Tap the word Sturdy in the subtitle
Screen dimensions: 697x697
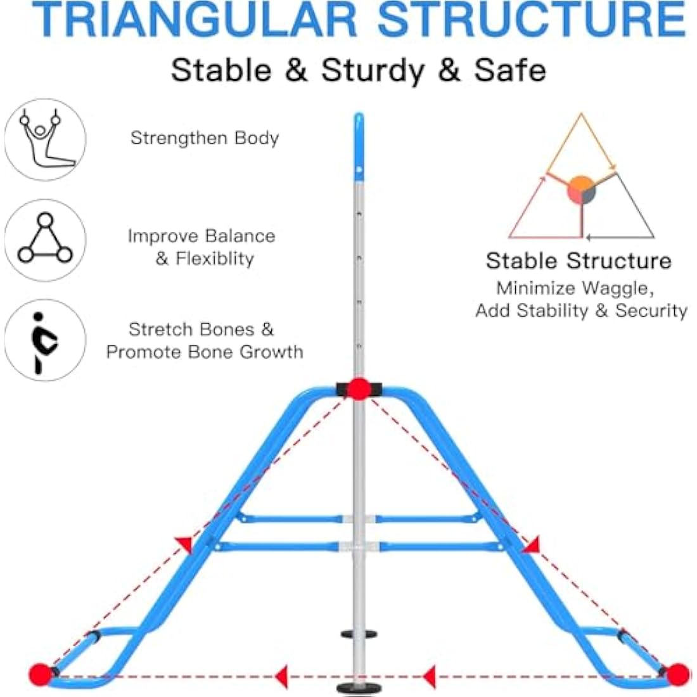coord(373,71)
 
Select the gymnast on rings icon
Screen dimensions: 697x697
coord(44,139)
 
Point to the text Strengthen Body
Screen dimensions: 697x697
coord(205,138)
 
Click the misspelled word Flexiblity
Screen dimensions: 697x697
coord(215,259)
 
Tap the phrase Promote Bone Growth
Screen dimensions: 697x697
coord(205,352)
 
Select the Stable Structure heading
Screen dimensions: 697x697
coord(579,261)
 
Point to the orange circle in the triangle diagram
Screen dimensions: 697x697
coord(581,190)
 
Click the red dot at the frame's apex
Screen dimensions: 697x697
coord(359,389)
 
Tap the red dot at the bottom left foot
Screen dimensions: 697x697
coord(41,674)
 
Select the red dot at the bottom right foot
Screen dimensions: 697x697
coord(677,674)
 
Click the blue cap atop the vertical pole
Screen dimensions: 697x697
coord(359,147)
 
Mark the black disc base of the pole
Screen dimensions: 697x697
coord(359,689)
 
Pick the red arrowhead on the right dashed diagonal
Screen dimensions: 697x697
coord(532,545)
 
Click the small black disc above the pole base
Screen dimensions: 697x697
coord(359,634)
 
